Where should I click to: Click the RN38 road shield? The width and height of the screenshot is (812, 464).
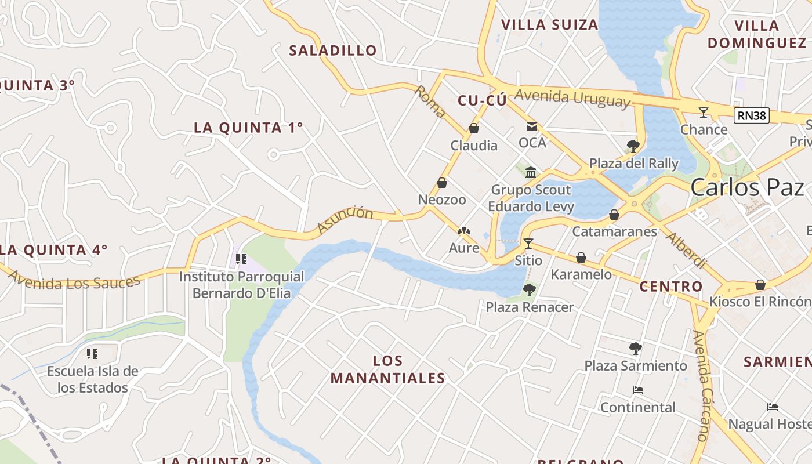click(x=752, y=115)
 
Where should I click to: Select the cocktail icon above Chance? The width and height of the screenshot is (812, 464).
click(x=704, y=112)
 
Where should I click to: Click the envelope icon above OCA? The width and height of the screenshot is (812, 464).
click(x=532, y=126)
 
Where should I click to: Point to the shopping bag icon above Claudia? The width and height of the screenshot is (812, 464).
click(x=474, y=128)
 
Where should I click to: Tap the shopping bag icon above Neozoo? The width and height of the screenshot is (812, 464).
click(x=442, y=183)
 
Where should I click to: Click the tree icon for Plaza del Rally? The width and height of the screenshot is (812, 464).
click(x=633, y=146)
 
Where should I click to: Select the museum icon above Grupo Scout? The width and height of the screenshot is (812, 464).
click(x=531, y=172)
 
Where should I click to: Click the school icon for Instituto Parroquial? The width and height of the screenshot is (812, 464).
click(x=241, y=259)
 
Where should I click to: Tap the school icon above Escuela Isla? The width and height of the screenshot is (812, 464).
click(x=92, y=353)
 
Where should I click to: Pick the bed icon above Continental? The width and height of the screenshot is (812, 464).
click(x=638, y=390)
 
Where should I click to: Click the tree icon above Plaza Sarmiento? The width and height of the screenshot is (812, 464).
click(x=636, y=349)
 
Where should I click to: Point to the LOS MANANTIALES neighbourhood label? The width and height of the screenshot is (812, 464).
click(x=387, y=369)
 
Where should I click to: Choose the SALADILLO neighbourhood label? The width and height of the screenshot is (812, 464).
click(x=333, y=50)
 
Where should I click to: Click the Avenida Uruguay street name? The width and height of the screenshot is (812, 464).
click(x=572, y=99)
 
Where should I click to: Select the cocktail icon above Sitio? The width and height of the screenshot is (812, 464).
click(x=528, y=243)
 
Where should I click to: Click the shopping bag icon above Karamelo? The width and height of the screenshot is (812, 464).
click(x=581, y=258)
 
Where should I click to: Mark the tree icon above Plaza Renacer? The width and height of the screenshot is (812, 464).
click(x=529, y=289)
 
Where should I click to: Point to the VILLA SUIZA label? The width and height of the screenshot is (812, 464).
click(x=549, y=24)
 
